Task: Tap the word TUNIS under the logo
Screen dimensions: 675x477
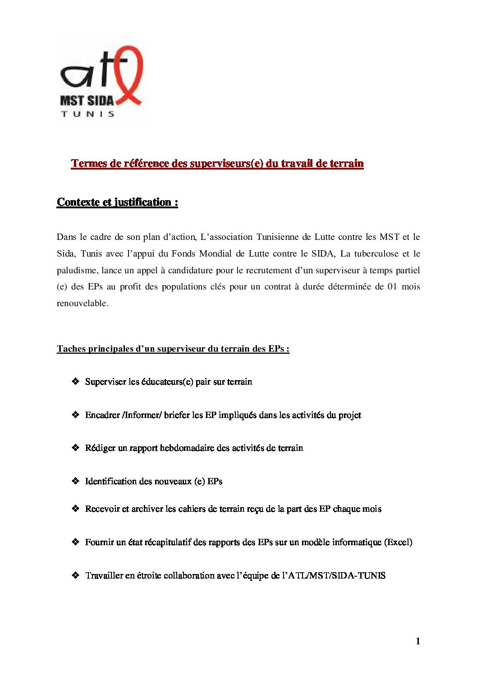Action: (x=87, y=114)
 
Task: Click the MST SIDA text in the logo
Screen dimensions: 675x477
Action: (x=87, y=101)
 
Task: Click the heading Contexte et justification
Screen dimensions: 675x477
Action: (x=117, y=202)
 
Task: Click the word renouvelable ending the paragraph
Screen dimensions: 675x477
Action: (x=83, y=303)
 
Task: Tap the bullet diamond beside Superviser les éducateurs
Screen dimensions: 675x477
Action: (x=76, y=381)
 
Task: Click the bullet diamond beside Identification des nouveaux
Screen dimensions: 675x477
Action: (x=76, y=481)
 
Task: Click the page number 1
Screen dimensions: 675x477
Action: (x=418, y=641)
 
